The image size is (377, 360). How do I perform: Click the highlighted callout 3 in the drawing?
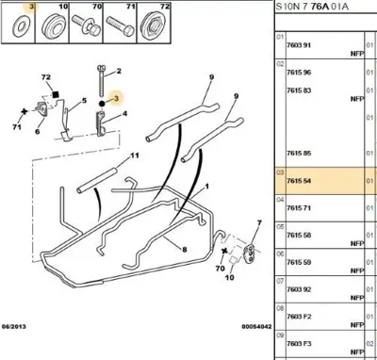(x=115, y=96)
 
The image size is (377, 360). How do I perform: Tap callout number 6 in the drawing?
(x=38, y=133)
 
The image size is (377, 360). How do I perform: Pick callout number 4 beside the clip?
(x=120, y=117)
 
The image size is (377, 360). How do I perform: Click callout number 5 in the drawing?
(x=85, y=100)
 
